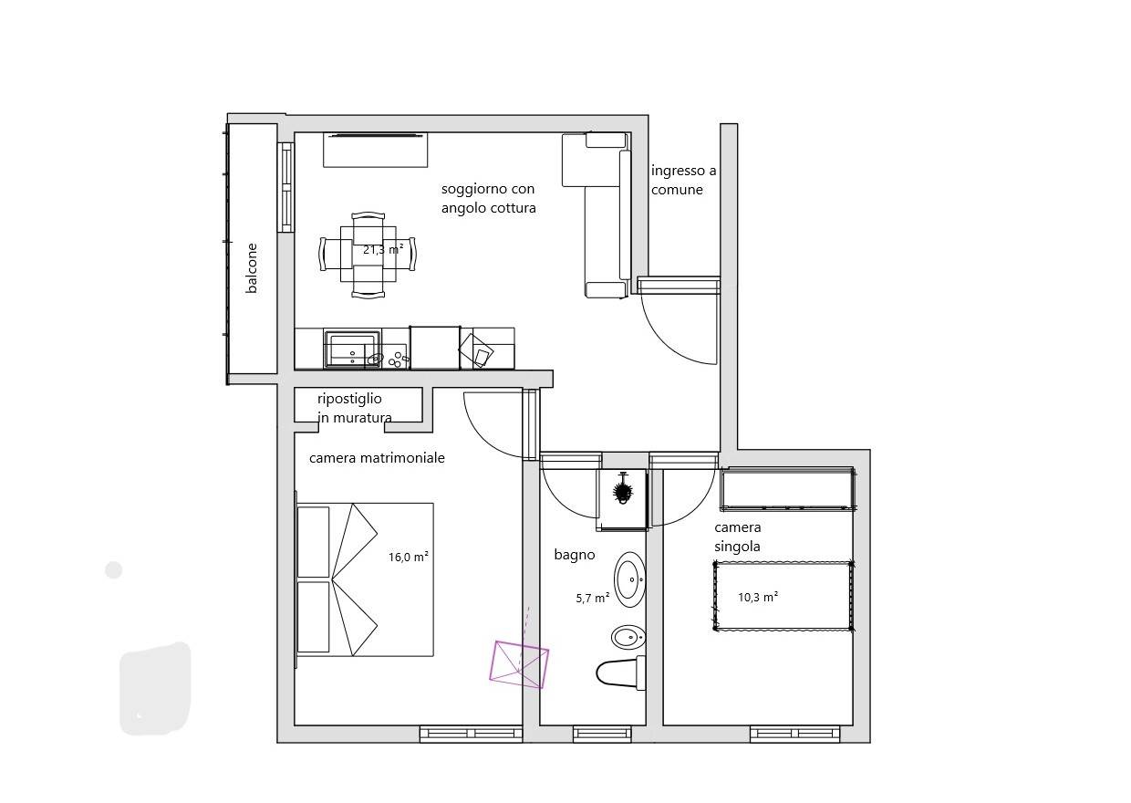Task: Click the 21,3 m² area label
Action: pyautogui.click(x=383, y=249)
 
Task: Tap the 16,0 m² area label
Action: pyautogui.click(x=409, y=557)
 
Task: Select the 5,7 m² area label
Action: pyautogui.click(x=593, y=598)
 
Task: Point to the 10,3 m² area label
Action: pyautogui.click(x=758, y=597)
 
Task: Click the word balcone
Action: pyautogui.click(x=252, y=268)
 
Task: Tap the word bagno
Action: pyautogui.click(x=575, y=555)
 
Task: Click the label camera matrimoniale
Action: pyautogui.click(x=377, y=458)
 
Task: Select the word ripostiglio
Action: pyautogui.click(x=349, y=399)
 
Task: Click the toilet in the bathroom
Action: pyautogui.click(x=620, y=673)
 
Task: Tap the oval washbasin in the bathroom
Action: pyautogui.click(x=629, y=579)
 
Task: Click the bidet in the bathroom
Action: pyautogui.click(x=628, y=637)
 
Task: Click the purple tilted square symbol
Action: pyautogui.click(x=519, y=664)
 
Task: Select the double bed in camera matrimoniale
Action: pyautogui.click(x=365, y=579)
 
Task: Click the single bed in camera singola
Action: pyautogui.click(x=783, y=596)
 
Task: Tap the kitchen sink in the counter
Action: pyautogui.click(x=352, y=349)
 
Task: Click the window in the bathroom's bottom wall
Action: pyautogui.click(x=602, y=735)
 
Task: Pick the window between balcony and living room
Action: pyautogui.click(x=285, y=187)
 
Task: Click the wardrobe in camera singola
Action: pyautogui.click(x=788, y=489)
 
